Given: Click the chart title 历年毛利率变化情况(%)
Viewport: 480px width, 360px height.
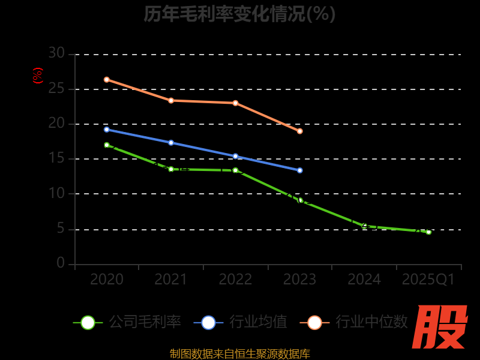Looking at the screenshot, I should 239,13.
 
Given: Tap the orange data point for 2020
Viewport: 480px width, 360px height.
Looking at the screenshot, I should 107,80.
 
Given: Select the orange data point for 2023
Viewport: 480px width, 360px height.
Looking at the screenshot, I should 300,131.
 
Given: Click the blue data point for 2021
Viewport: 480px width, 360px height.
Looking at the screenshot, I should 171,143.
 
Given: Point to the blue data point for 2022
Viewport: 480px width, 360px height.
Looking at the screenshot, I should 235,156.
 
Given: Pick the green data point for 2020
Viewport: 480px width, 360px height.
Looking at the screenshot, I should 107,145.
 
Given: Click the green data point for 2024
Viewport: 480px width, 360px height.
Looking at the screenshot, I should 364,226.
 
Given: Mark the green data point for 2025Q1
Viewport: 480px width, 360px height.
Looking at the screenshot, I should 428,232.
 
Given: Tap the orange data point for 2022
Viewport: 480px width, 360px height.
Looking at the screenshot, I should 235,103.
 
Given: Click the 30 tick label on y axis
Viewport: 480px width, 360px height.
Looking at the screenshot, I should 56,53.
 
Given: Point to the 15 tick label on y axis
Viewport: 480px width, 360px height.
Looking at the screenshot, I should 56,158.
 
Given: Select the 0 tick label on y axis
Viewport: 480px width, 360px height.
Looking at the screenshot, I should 61,263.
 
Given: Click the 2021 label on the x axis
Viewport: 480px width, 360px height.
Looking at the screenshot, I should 171,280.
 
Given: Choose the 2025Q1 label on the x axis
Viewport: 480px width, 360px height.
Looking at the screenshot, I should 428,280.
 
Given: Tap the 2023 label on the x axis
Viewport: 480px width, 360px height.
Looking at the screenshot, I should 300,280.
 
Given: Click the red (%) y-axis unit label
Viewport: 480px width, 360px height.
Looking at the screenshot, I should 38,76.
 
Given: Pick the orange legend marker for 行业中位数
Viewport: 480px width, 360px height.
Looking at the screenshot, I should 314,322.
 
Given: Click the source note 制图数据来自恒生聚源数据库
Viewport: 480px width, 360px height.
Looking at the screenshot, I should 240,354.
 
